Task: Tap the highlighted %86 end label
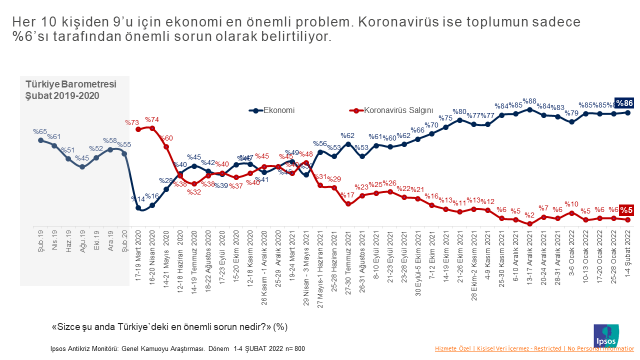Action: [624, 103]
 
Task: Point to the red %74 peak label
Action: [152, 120]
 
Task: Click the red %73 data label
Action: [132, 123]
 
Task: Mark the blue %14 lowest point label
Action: [139, 199]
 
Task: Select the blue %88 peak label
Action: [530, 102]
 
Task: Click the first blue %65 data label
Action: [40, 132]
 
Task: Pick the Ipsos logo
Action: [605, 333]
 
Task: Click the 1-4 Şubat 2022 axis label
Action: [628, 248]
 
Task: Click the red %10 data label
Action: [572, 203]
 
